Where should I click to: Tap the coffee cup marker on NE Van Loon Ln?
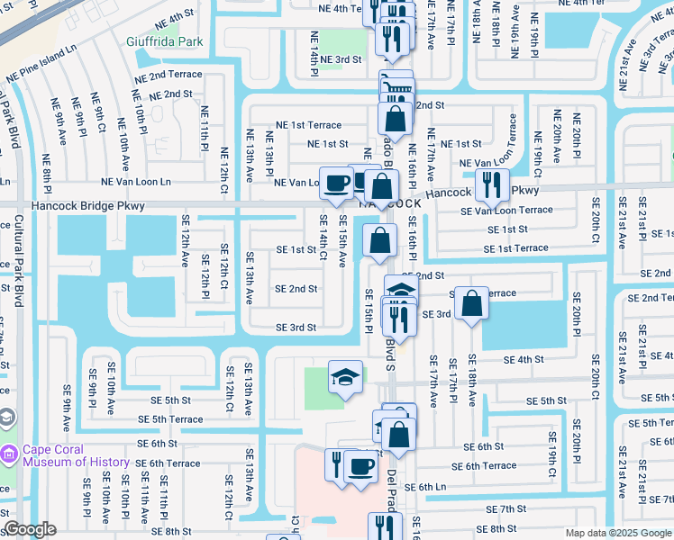pyautogui.click(x=337, y=183)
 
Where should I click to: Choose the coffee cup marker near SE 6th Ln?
pyautogui.click(x=361, y=466)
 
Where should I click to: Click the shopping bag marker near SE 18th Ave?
pyautogui.click(x=471, y=303)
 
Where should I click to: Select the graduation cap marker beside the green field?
pyautogui.click(x=346, y=378)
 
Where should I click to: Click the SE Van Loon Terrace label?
pyautogui.click(x=506, y=211)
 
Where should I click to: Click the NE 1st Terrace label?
pyautogui.click(x=308, y=125)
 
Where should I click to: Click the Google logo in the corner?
pyautogui.click(x=30, y=529)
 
